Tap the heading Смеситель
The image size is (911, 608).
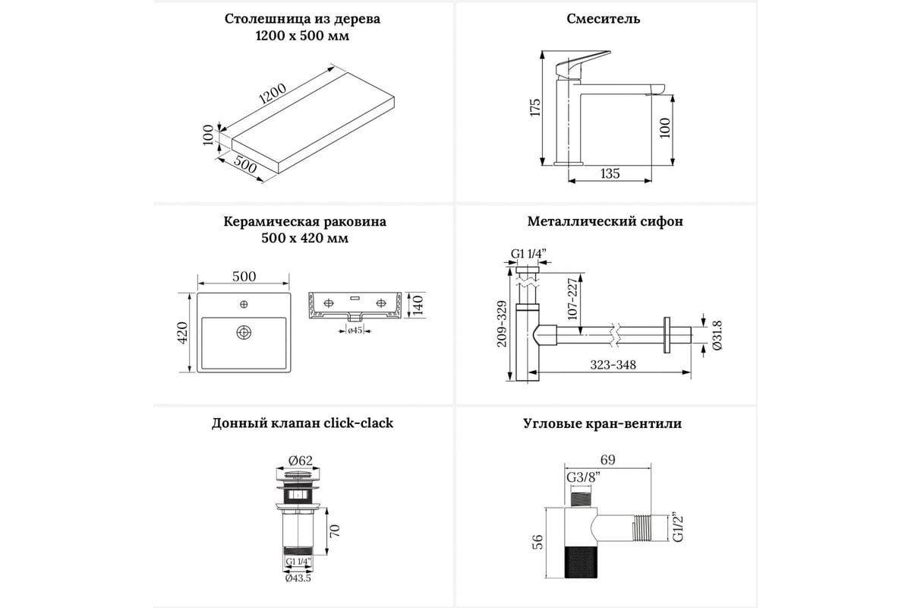[x=604, y=18]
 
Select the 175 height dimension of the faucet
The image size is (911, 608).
[x=534, y=106]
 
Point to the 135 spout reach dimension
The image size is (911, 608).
[x=610, y=173]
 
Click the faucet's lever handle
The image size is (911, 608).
[x=585, y=62]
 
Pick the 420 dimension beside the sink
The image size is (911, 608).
[x=182, y=332]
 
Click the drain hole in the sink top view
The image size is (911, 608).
[x=244, y=332]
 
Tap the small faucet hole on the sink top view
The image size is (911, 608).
[x=244, y=305]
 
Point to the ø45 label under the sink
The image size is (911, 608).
[x=354, y=330]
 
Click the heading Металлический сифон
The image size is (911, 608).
[x=605, y=222]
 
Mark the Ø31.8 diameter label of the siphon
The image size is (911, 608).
[x=717, y=334]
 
